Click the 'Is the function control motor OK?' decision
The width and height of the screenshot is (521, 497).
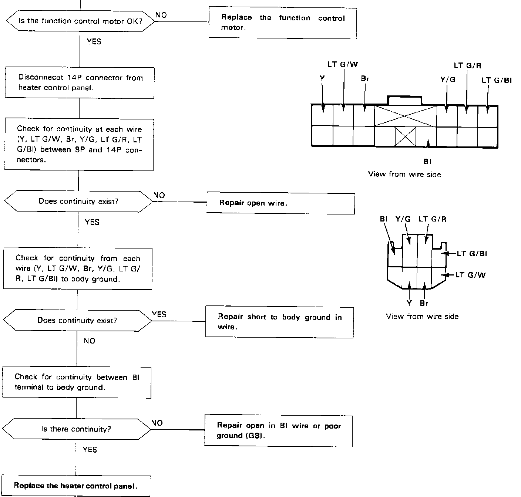[81, 21]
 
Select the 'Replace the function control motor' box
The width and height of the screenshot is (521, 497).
[282, 23]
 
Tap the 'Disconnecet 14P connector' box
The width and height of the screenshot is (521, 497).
[80, 83]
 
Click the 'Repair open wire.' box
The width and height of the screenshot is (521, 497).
[280, 203]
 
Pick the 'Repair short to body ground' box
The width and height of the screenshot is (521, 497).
[279, 322]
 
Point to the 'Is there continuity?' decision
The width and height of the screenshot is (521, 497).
[76, 429]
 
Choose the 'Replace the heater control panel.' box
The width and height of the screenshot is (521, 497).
[76, 486]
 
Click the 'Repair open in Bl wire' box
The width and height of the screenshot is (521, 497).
[278, 431]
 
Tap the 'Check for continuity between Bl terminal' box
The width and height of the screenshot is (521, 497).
[77, 382]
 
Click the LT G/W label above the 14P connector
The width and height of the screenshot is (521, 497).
[343, 64]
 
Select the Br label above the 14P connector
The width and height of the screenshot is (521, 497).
[365, 79]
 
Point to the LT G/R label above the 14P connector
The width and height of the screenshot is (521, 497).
[467, 66]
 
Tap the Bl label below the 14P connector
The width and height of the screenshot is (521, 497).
[427, 162]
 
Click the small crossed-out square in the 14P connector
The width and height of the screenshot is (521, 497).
[406, 137]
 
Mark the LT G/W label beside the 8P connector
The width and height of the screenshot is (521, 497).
[470, 275]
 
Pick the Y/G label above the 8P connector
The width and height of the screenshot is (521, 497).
[403, 219]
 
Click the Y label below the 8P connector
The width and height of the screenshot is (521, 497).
[409, 303]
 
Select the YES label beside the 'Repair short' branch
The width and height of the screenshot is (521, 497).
[159, 314]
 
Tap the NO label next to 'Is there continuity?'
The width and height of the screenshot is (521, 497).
[157, 423]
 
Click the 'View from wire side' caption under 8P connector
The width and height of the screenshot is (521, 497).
[422, 317]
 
